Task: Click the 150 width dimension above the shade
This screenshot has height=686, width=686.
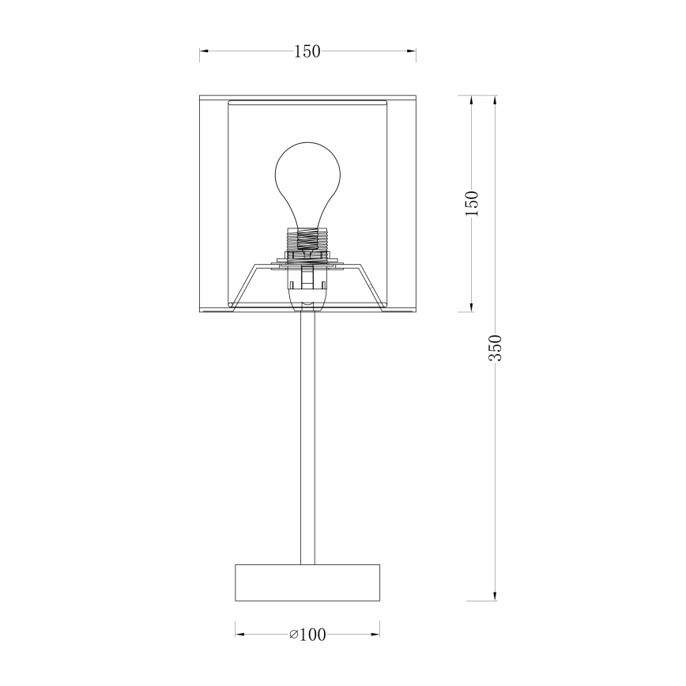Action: coord(307,52)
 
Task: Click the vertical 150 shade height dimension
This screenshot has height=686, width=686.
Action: coord(472,204)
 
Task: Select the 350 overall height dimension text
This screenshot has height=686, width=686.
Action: coord(496,348)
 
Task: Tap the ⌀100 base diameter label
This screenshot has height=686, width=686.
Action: coord(308,634)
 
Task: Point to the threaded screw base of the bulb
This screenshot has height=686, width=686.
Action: coord(307,237)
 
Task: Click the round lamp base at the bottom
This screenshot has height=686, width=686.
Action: coord(307,583)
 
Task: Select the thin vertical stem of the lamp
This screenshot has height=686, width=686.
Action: coord(307,435)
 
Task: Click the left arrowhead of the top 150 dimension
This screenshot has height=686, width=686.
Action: coord(203,52)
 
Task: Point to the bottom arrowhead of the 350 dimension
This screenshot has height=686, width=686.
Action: coord(496,596)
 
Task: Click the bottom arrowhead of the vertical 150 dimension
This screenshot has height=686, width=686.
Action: coord(472,307)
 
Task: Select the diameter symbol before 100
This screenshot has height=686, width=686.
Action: coord(293,634)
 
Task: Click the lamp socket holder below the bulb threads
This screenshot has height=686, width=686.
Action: coord(307,288)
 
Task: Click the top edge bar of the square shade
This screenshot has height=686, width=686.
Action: coord(307,99)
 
